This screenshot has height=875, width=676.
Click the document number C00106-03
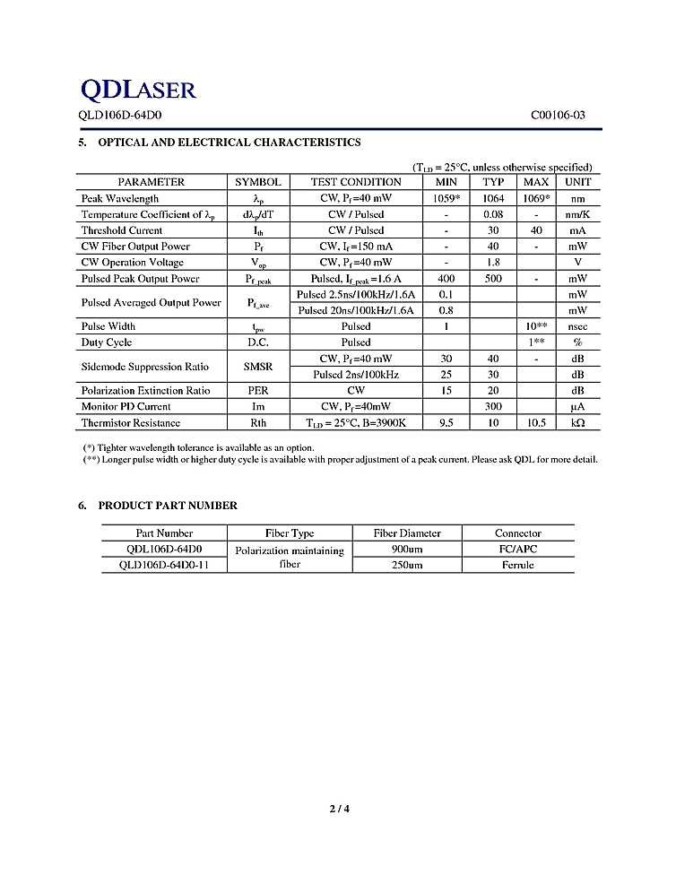tap(558, 116)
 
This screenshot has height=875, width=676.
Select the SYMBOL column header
tap(257, 182)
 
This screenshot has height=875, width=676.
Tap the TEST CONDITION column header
tap(356, 182)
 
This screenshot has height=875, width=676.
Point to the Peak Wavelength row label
tap(120, 198)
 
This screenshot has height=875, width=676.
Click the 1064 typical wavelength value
tap(493, 198)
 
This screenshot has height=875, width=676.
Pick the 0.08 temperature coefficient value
tap(493, 214)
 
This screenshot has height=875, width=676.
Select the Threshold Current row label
tap(122, 230)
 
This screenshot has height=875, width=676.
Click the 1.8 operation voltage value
tap(493, 263)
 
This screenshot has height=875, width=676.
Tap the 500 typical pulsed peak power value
tap(493, 279)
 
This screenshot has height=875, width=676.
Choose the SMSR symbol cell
tap(257, 367)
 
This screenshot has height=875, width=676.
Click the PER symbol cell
tap(257, 391)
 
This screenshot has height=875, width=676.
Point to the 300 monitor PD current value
tap(493, 407)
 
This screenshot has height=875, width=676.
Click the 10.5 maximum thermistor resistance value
tap(536, 423)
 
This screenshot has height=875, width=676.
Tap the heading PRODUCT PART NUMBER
tap(168, 506)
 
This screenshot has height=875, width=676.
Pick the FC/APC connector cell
tap(518, 549)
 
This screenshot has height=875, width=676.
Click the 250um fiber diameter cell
tap(407, 565)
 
